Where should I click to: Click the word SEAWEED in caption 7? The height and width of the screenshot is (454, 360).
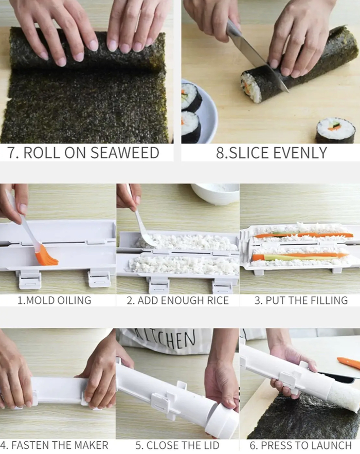click(x=125, y=153)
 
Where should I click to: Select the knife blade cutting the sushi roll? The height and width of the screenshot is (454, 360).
click(x=256, y=57)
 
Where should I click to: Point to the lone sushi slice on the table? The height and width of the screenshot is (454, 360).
click(x=336, y=130)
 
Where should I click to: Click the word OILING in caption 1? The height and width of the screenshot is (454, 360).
click(x=74, y=300)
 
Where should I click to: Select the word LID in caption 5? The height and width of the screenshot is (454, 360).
click(x=211, y=445)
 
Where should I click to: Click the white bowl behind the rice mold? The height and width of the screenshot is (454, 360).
click(x=215, y=193)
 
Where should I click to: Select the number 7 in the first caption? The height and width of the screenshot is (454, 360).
click(x=12, y=153)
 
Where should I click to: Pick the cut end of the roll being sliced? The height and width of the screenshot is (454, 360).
click(x=249, y=87)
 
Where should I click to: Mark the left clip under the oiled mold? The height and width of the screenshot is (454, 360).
click(x=29, y=280)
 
